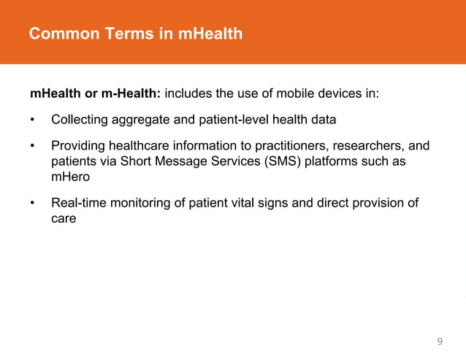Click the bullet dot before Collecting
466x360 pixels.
(33, 119)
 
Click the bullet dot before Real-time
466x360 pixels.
(33, 203)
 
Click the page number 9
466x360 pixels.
(439, 341)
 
